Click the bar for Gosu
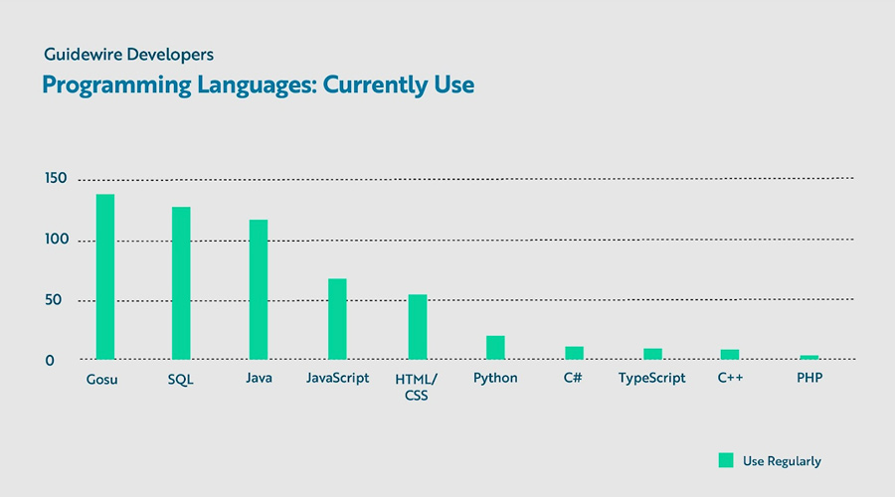[x=104, y=276]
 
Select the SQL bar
[x=181, y=283]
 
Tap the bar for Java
[x=259, y=289]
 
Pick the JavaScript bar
[x=337, y=319]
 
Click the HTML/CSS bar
[x=418, y=327]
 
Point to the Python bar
[x=495, y=348]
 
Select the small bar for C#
[x=574, y=353]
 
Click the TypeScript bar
[x=652, y=354]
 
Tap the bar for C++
[x=730, y=355]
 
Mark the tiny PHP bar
[x=808, y=357]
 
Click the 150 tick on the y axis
[x=55, y=179]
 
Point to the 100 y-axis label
[x=55, y=240]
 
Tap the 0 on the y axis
[x=50, y=361]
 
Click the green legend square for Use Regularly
[x=726, y=460]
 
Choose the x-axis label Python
[x=495, y=379]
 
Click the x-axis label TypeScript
[x=652, y=379]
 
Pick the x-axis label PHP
[x=808, y=379]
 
